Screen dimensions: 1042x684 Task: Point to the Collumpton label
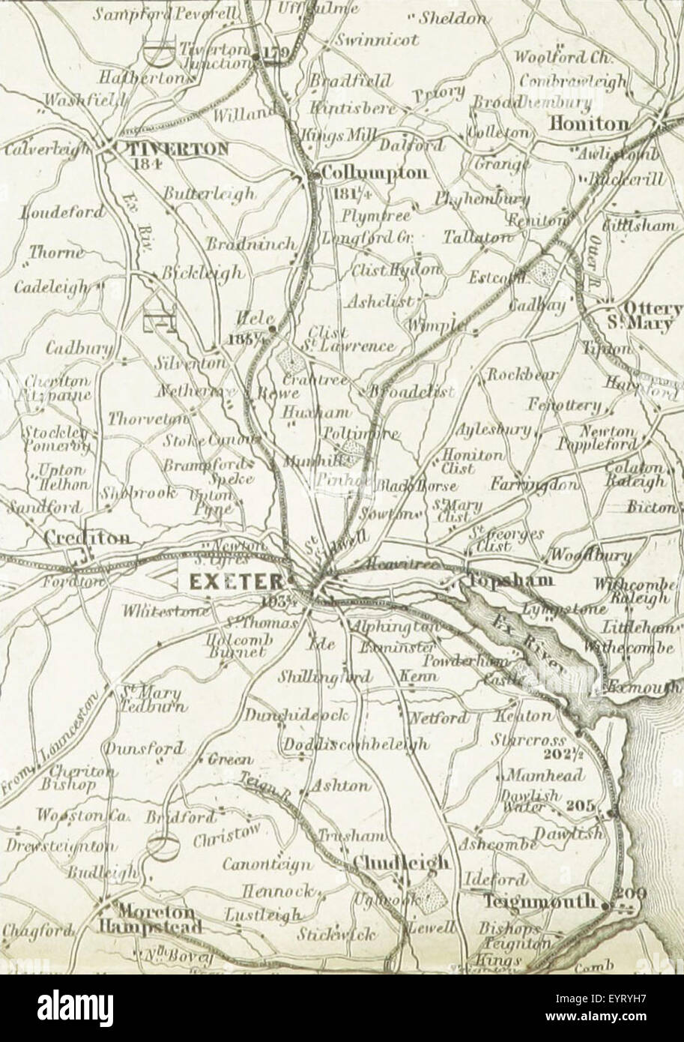pos(375,174)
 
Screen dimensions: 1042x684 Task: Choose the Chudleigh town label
pos(402,862)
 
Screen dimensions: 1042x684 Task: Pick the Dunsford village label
pos(144,749)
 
